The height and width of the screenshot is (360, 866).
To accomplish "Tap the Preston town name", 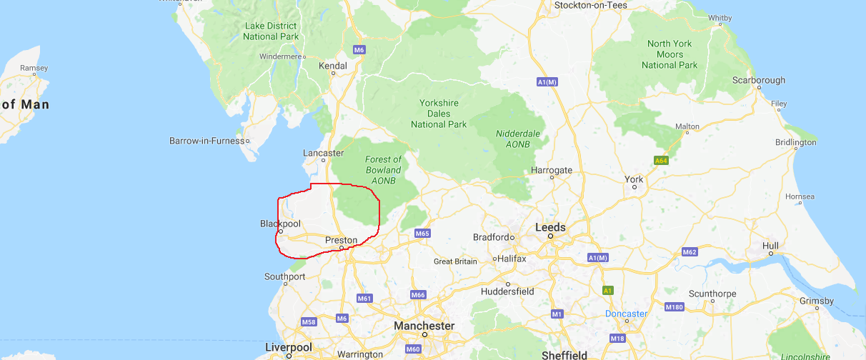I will pos(341,240).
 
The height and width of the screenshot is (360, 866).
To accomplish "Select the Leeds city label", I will pos(550,227).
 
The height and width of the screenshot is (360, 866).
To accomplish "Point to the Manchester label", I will pos(424,326).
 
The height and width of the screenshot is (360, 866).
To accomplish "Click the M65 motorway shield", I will pos(422,234).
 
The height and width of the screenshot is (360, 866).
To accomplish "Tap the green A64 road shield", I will pos(662,161).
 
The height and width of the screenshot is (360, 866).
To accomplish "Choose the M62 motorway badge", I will pos(690,252).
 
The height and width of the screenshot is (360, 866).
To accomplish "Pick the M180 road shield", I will pos(674,307).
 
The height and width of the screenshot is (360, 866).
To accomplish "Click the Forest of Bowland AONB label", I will pos(383,170).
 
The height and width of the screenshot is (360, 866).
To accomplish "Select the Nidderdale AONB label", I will pos(518,139).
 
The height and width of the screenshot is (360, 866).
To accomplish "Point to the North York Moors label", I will pos(670,54).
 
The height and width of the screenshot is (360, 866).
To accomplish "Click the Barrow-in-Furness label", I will pos(206,141).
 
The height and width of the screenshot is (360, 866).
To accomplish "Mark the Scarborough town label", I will pos(758,80).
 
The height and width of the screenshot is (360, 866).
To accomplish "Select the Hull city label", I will pos(770,246).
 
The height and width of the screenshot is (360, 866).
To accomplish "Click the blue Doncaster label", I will pos(625,314).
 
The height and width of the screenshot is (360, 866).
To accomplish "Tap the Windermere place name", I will pos(281,56).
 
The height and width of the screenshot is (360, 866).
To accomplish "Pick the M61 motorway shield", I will pos(364,298).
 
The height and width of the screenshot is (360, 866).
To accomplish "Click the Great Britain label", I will pos(455,261).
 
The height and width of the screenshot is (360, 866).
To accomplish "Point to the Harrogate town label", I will pos(552,170).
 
